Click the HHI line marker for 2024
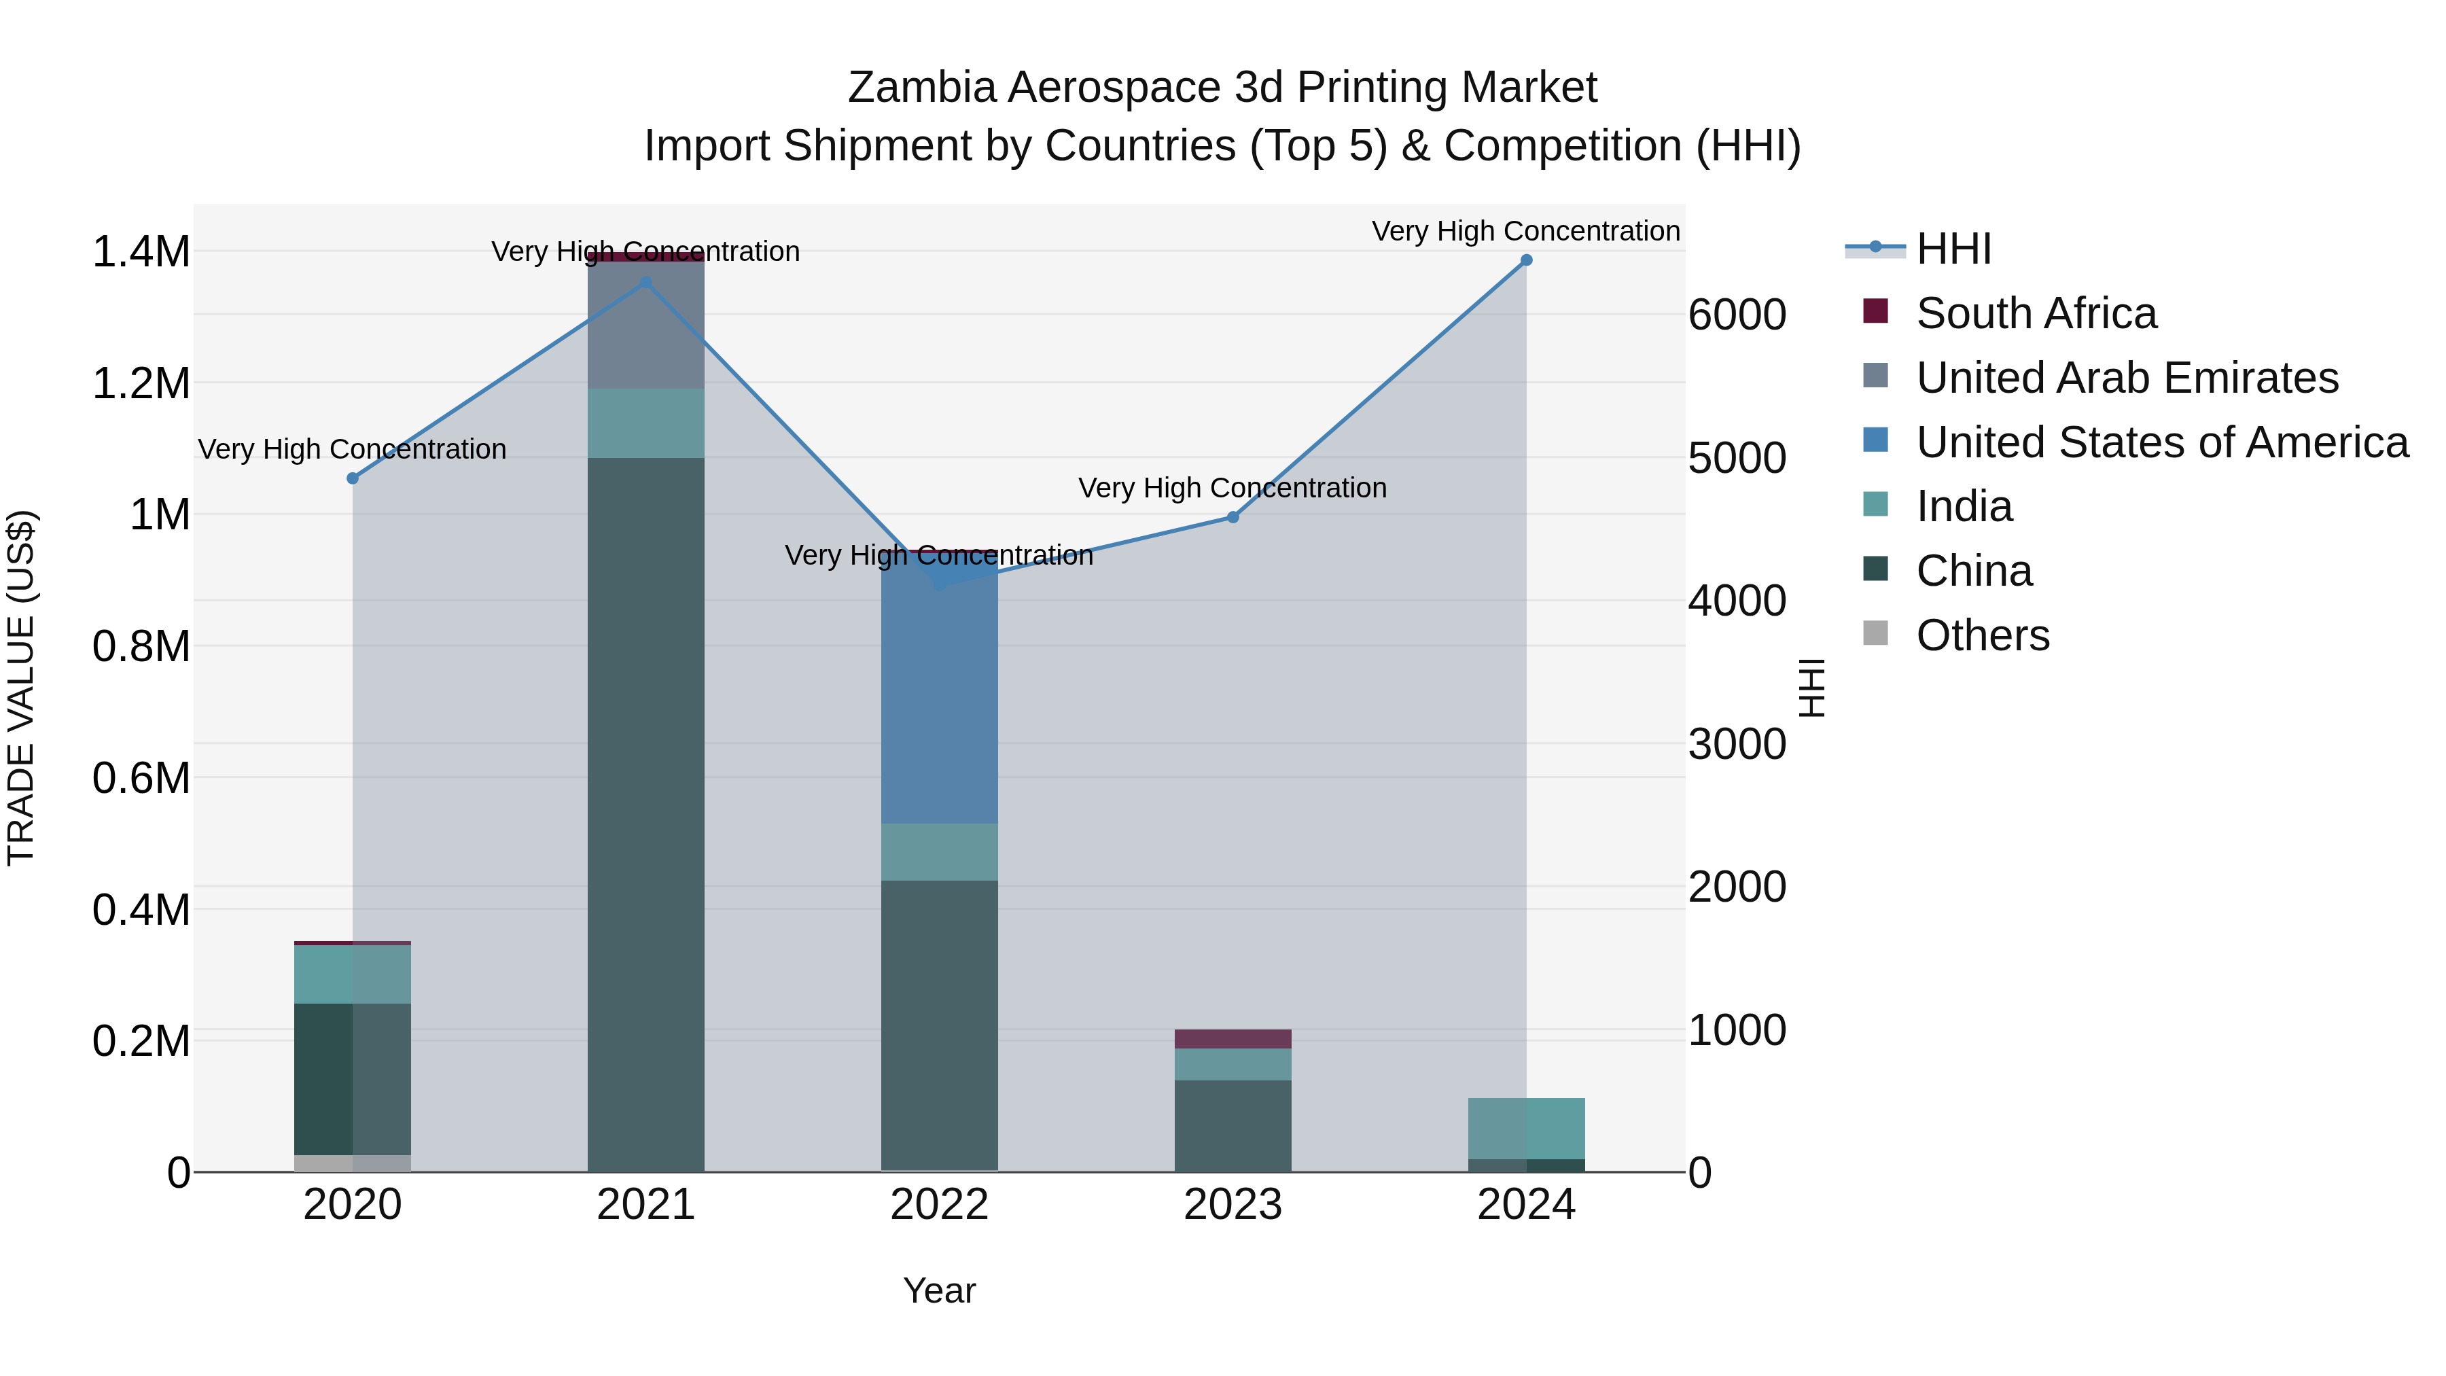(x=1526, y=260)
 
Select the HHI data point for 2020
(x=352, y=478)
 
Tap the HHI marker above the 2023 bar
(x=1233, y=518)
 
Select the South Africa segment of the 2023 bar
(x=1233, y=1039)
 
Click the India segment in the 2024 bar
(x=1526, y=1128)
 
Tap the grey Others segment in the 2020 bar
(x=352, y=1163)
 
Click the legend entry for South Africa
(x=2036, y=313)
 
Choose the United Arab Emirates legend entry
(x=2126, y=378)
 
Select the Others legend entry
(x=1982, y=635)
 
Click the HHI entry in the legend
(x=1953, y=249)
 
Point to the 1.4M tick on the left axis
(x=141, y=253)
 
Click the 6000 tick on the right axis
(x=1737, y=315)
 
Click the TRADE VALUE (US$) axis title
(x=21, y=688)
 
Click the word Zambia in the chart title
(x=921, y=88)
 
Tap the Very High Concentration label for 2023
(x=1233, y=488)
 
